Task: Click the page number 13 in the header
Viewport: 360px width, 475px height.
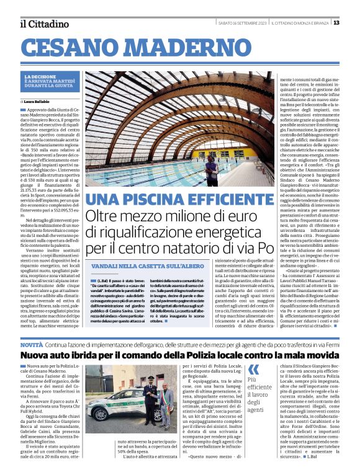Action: coord(353,23)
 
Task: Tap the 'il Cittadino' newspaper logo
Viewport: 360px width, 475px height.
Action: coord(43,24)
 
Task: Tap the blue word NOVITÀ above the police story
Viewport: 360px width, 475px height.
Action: coord(32,344)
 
